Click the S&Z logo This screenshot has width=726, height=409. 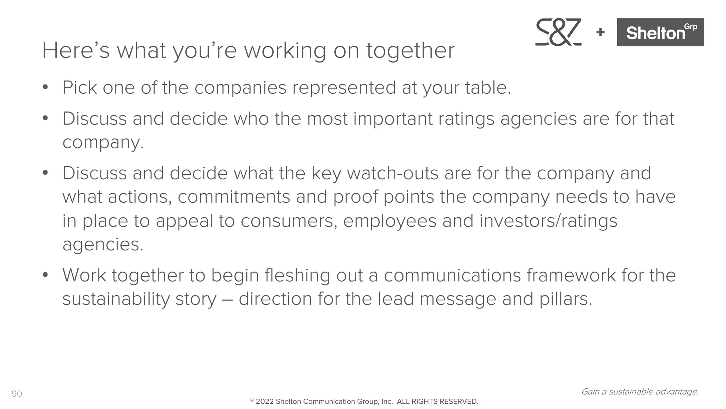click(558, 32)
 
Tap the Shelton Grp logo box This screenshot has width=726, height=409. click(660, 32)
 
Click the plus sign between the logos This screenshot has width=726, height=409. click(600, 32)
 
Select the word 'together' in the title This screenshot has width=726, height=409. click(410, 50)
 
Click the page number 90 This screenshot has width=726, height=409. click(17, 394)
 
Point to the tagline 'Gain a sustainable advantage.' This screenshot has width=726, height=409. click(640, 392)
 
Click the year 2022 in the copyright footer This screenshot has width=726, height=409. click(264, 402)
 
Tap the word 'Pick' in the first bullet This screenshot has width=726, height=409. click(79, 87)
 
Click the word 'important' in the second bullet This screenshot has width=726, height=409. click(392, 119)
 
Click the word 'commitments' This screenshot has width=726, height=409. click(234, 197)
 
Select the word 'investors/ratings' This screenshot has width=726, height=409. click(548, 221)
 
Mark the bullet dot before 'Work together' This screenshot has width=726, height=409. click(45, 275)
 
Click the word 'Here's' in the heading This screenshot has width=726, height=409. click(76, 50)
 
